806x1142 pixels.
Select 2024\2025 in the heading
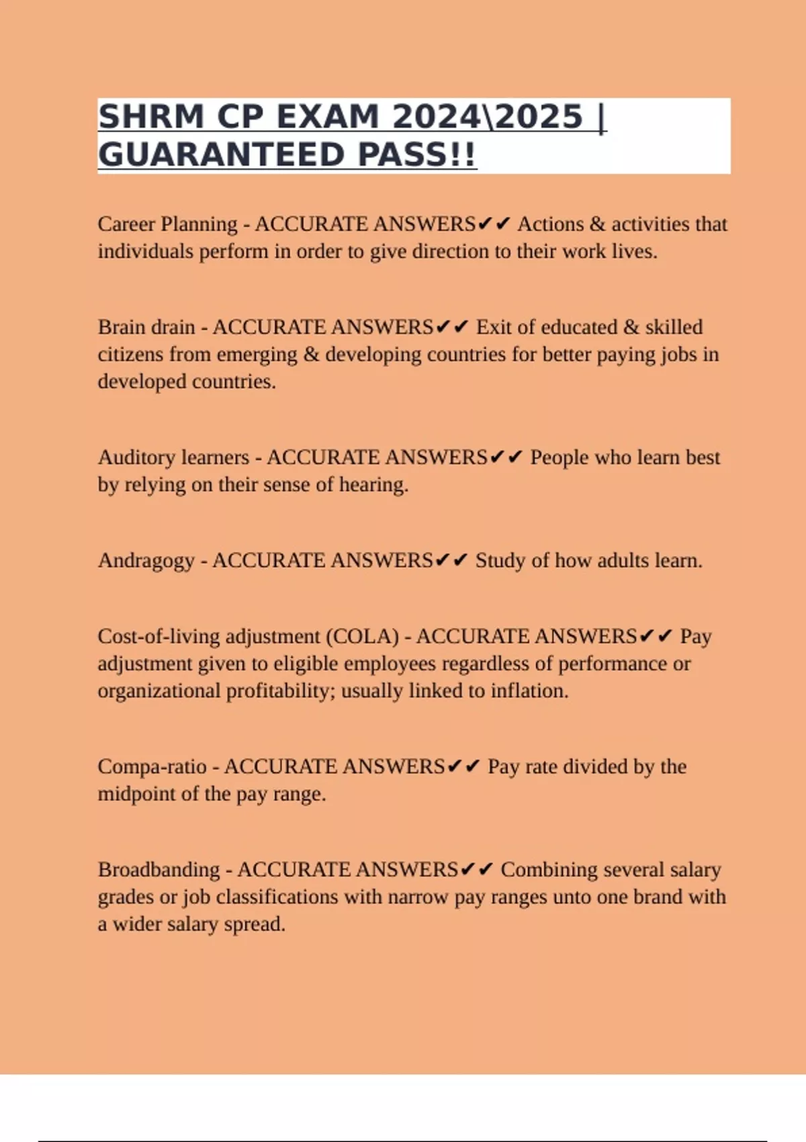(x=488, y=117)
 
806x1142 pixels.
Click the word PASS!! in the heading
(x=416, y=155)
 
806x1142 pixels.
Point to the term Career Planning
(x=167, y=224)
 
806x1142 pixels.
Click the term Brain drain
(x=146, y=327)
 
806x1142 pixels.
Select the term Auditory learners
(x=173, y=457)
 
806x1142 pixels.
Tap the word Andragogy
(x=146, y=560)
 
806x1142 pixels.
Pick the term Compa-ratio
(x=152, y=766)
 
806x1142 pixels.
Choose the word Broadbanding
(x=159, y=870)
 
